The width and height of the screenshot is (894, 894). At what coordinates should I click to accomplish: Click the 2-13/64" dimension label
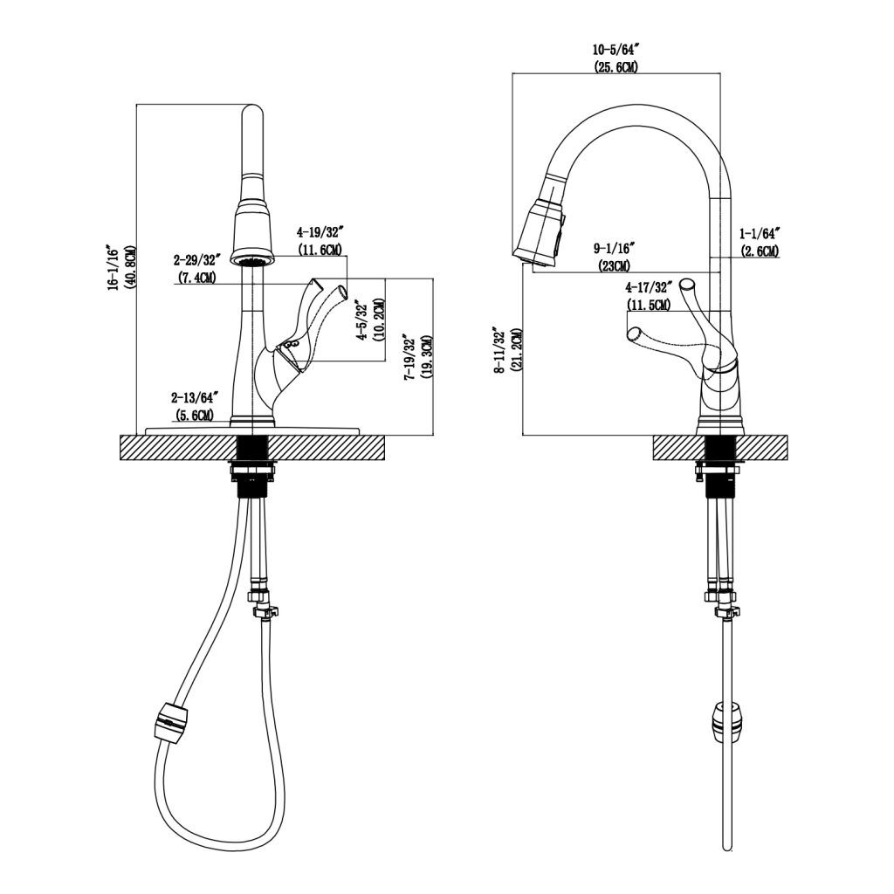click(195, 398)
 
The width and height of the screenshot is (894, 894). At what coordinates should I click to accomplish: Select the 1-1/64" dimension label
click(758, 234)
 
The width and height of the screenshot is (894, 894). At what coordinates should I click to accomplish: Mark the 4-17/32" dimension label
click(648, 286)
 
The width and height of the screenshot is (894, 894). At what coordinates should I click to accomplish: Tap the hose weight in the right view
click(724, 719)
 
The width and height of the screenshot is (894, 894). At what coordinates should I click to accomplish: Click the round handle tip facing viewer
click(688, 285)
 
